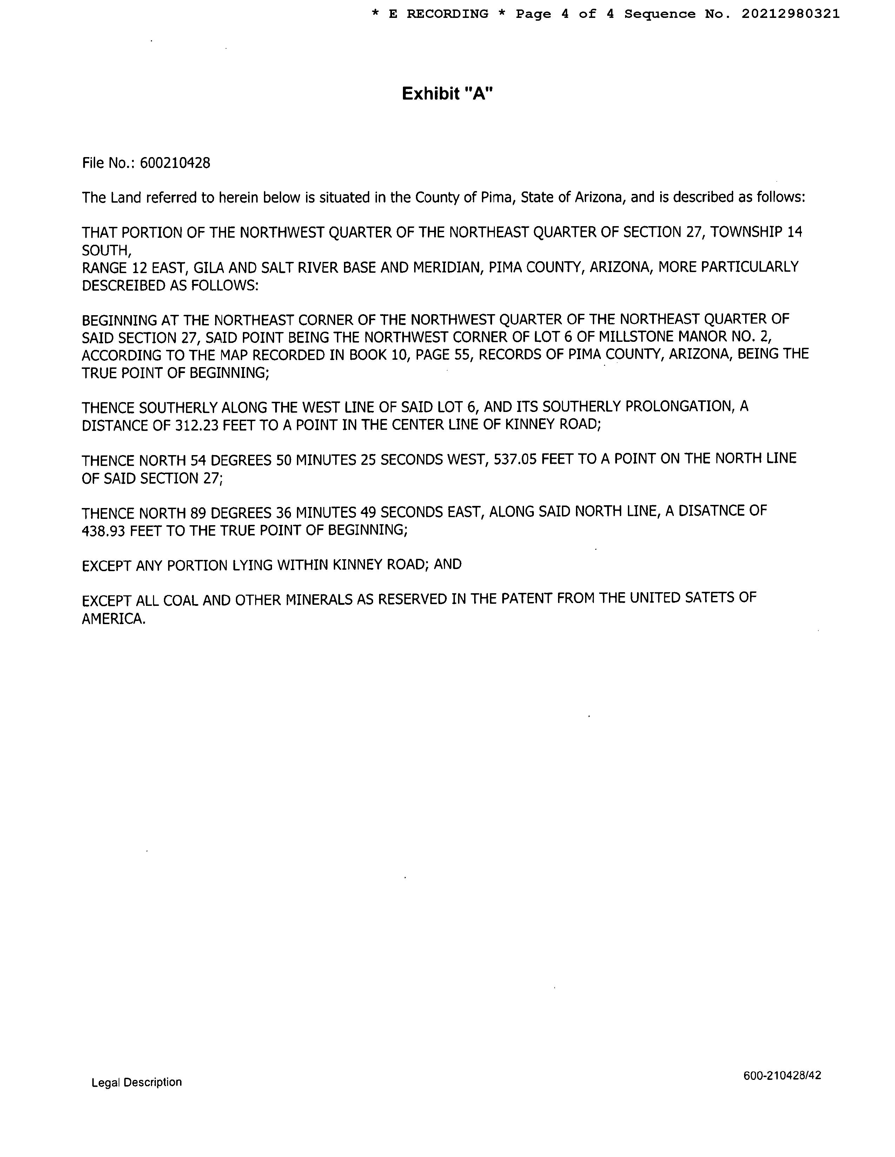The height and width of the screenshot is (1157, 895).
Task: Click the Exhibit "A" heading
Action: coord(447,94)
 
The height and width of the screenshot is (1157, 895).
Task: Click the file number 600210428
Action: coord(175,163)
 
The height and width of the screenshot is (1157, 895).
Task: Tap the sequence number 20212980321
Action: coord(790,14)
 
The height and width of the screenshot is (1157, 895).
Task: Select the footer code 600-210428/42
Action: coord(782,1075)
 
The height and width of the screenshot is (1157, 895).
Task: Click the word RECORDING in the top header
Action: coord(447,14)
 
